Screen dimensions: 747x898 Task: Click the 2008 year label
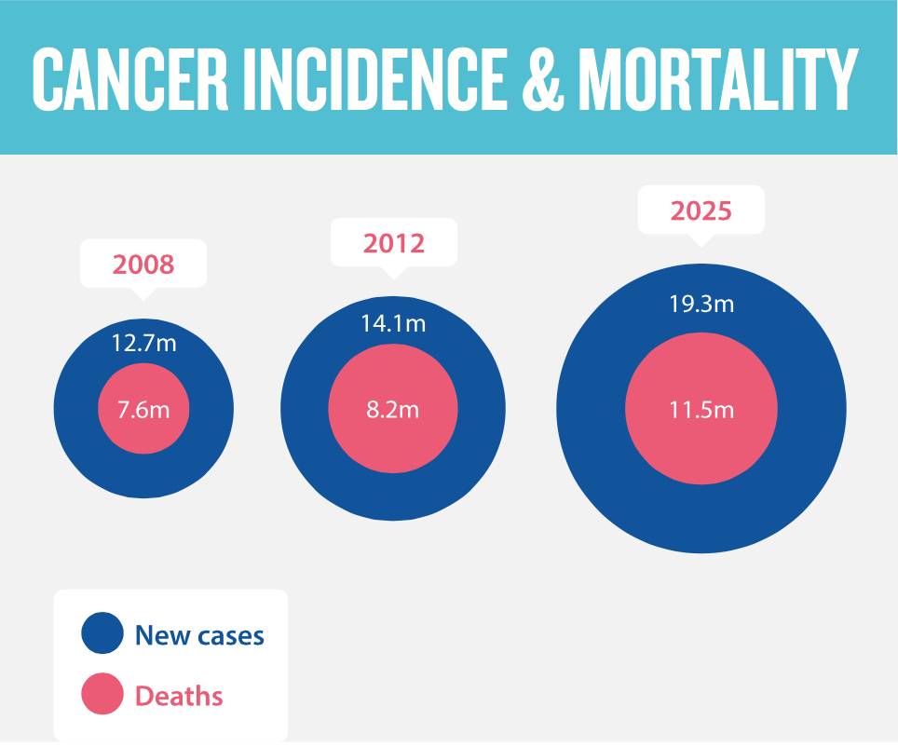pyautogui.click(x=143, y=265)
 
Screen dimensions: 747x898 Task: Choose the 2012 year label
pyautogui.click(x=394, y=243)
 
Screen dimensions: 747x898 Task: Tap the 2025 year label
pyautogui.click(x=701, y=211)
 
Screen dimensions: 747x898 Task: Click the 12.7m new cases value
pyautogui.click(x=143, y=343)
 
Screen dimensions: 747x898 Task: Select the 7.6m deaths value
pyautogui.click(x=143, y=409)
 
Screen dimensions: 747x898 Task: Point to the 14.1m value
pyautogui.click(x=393, y=323)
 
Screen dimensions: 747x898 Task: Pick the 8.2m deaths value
pyautogui.click(x=393, y=409)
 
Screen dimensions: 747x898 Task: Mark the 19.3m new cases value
pyautogui.click(x=701, y=304)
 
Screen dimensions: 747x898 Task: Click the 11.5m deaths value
pyautogui.click(x=701, y=410)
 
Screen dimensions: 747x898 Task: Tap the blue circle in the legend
pyautogui.click(x=102, y=632)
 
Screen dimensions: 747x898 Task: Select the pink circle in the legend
pyautogui.click(x=102, y=694)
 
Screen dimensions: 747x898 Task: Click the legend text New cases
pyautogui.click(x=199, y=635)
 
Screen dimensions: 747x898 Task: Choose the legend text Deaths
pyautogui.click(x=179, y=696)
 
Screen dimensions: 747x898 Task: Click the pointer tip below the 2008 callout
pyautogui.click(x=143, y=296)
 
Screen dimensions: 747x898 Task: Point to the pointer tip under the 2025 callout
pyautogui.click(x=701, y=243)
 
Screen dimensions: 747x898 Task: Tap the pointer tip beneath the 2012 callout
pyautogui.click(x=394, y=276)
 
